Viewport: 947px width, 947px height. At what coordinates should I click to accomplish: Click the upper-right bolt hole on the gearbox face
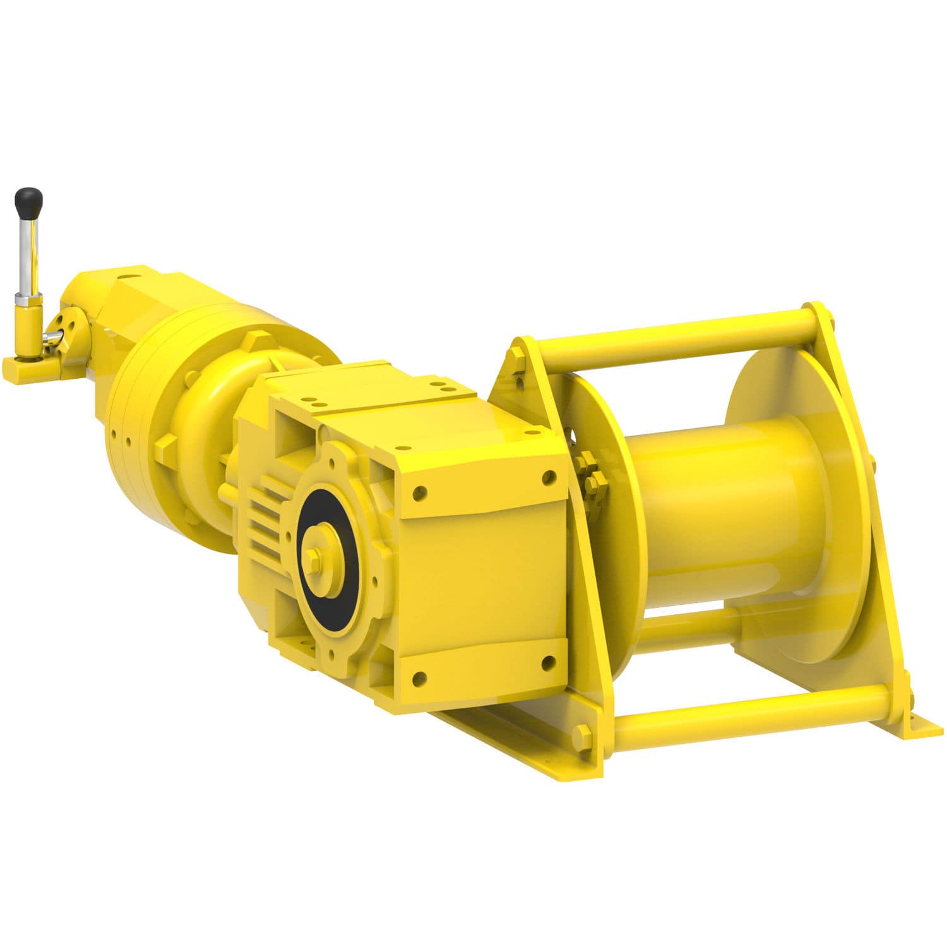pyautogui.click(x=547, y=478)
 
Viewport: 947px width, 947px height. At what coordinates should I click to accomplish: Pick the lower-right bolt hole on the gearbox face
pyautogui.click(x=547, y=662)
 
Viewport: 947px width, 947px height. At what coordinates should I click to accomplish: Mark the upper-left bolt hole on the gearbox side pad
pyautogui.click(x=417, y=491)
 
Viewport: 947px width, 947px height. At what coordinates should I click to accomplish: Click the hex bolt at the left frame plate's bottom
pyautogui.click(x=582, y=734)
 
